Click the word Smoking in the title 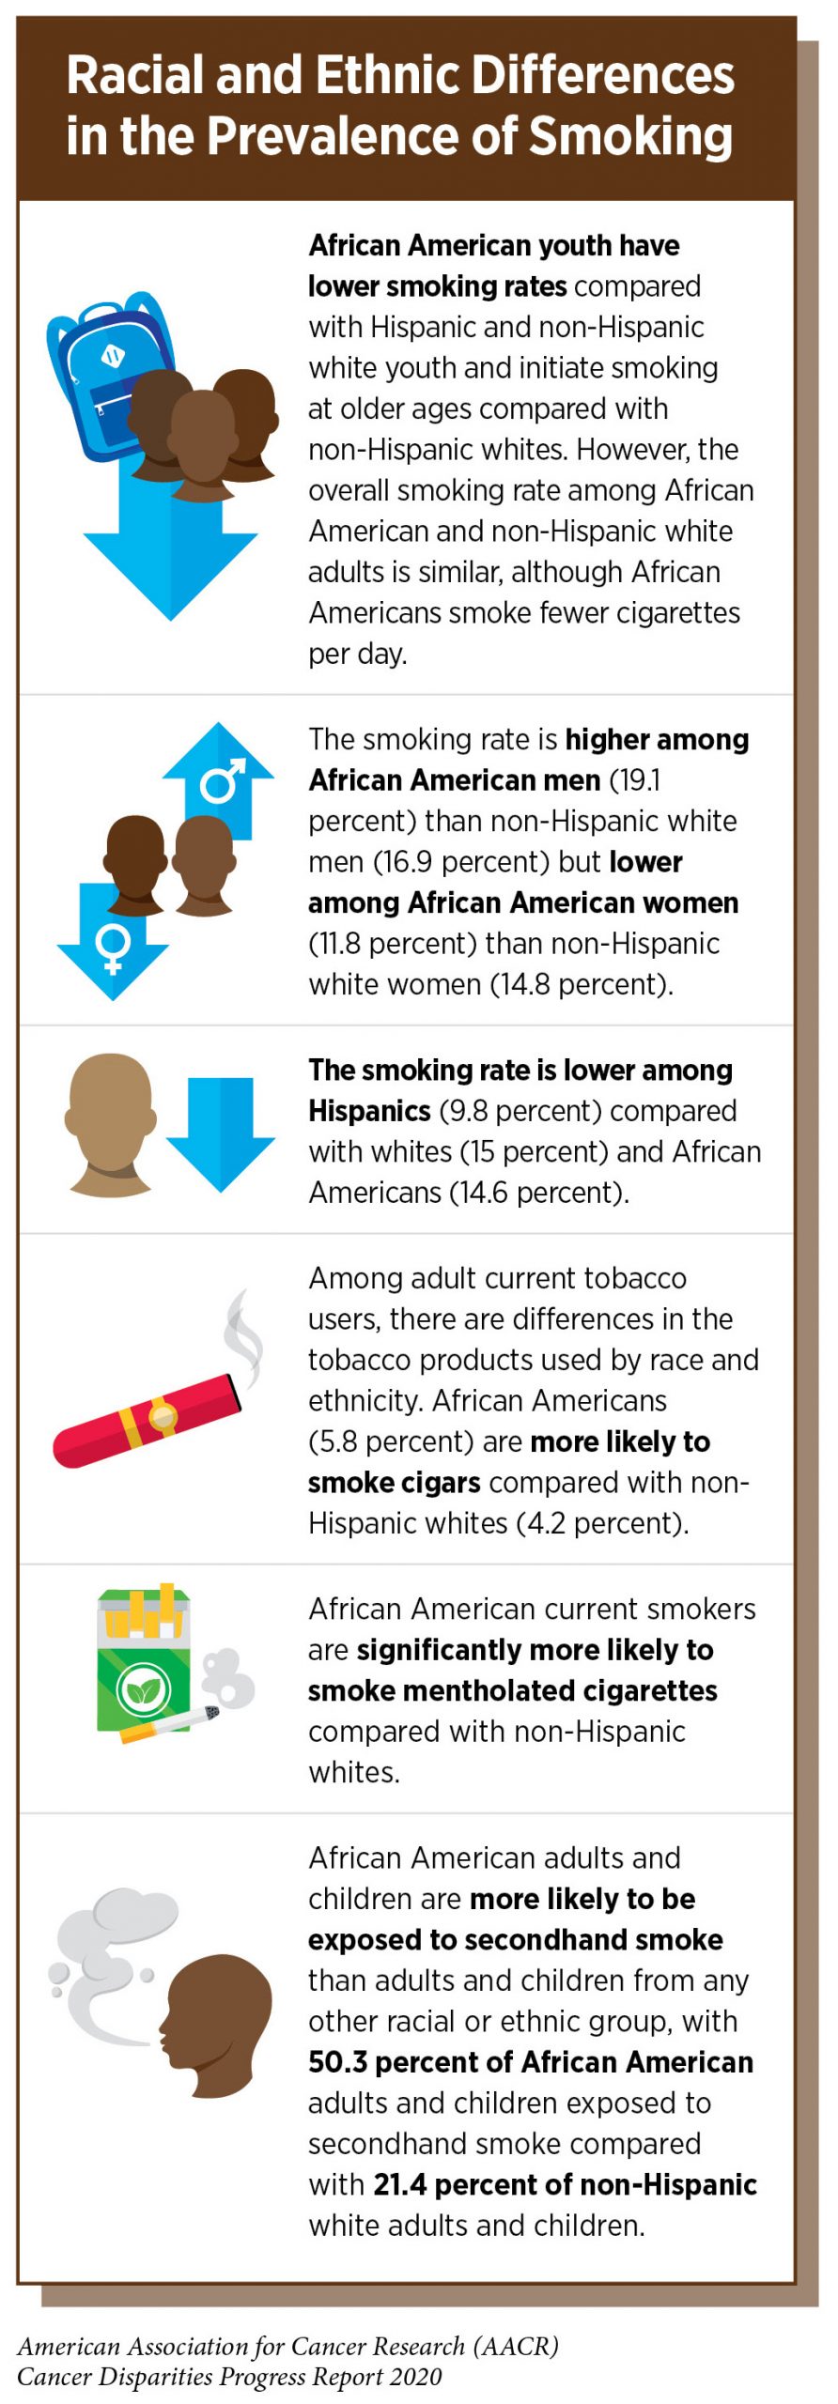pyautogui.click(x=630, y=136)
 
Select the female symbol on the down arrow pyautogui.click(x=113, y=948)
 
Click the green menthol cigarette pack pyautogui.click(x=144, y=1661)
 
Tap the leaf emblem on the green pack pyautogui.click(x=144, y=1689)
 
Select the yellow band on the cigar pyautogui.click(x=162, y=1417)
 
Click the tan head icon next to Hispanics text pyautogui.click(x=111, y=1122)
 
